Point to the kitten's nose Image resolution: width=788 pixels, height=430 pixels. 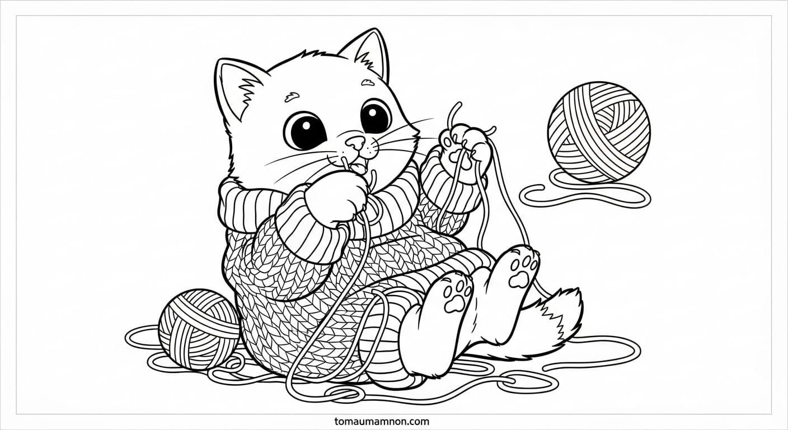tap(355, 142)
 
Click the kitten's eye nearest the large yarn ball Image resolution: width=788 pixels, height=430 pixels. tap(376, 116)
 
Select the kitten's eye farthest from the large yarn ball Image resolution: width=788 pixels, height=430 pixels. tap(305, 131)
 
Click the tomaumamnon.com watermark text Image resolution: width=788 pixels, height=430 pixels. tap(382, 421)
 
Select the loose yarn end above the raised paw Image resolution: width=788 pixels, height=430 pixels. tap(453, 114)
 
